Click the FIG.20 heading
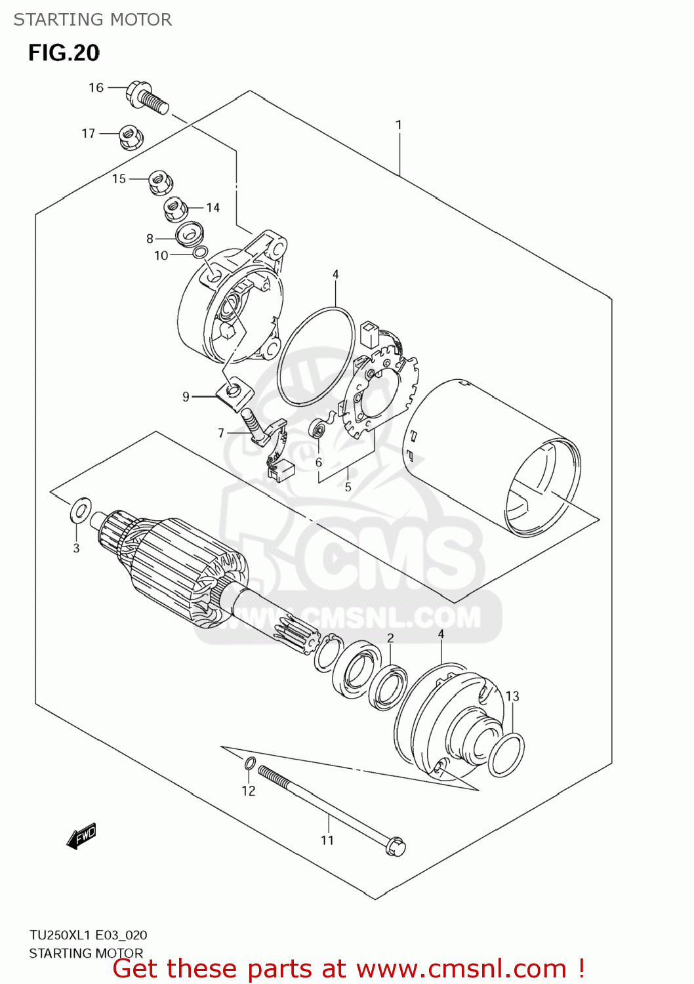click(64, 53)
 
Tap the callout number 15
click(119, 179)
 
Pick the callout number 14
click(213, 208)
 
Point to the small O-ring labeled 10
click(201, 253)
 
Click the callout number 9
click(186, 397)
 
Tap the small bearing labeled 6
click(318, 430)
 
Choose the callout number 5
click(348, 487)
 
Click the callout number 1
click(398, 125)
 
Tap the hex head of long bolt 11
click(396, 846)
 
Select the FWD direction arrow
click(82, 836)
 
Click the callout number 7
click(221, 433)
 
